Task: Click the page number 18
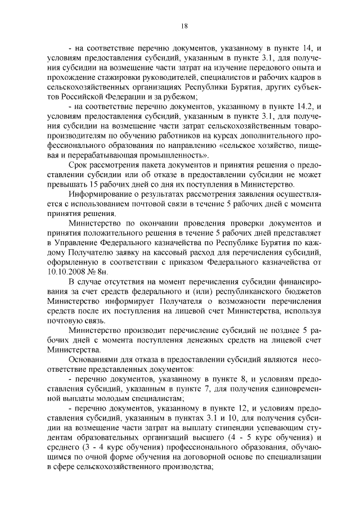(183, 25)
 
